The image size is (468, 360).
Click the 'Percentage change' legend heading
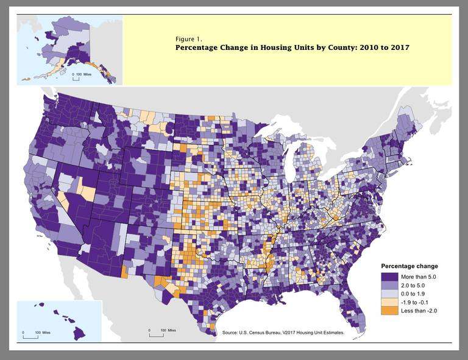(409, 266)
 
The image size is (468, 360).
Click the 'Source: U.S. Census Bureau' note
(283, 333)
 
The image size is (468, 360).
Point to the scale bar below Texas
(157, 333)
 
